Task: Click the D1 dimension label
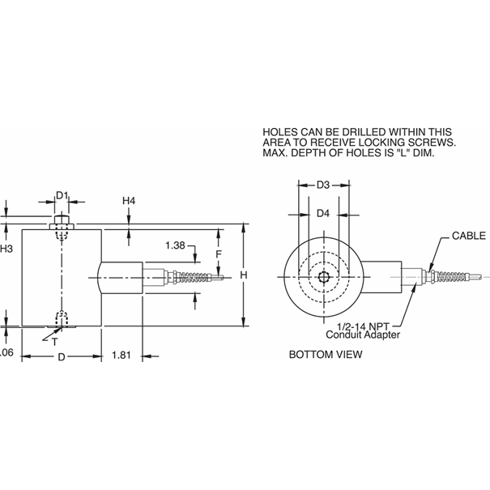tap(63, 196)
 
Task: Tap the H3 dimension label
tap(6, 248)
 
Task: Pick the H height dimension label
tap(243, 275)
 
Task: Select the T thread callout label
tap(54, 342)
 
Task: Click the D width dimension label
tap(61, 356)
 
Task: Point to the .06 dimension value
tap(6, 353)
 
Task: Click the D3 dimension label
tap(322, 185)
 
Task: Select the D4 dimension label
tap(322, 214)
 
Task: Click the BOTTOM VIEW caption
tap(326, 355)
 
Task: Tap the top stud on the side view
tap(62, 221)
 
